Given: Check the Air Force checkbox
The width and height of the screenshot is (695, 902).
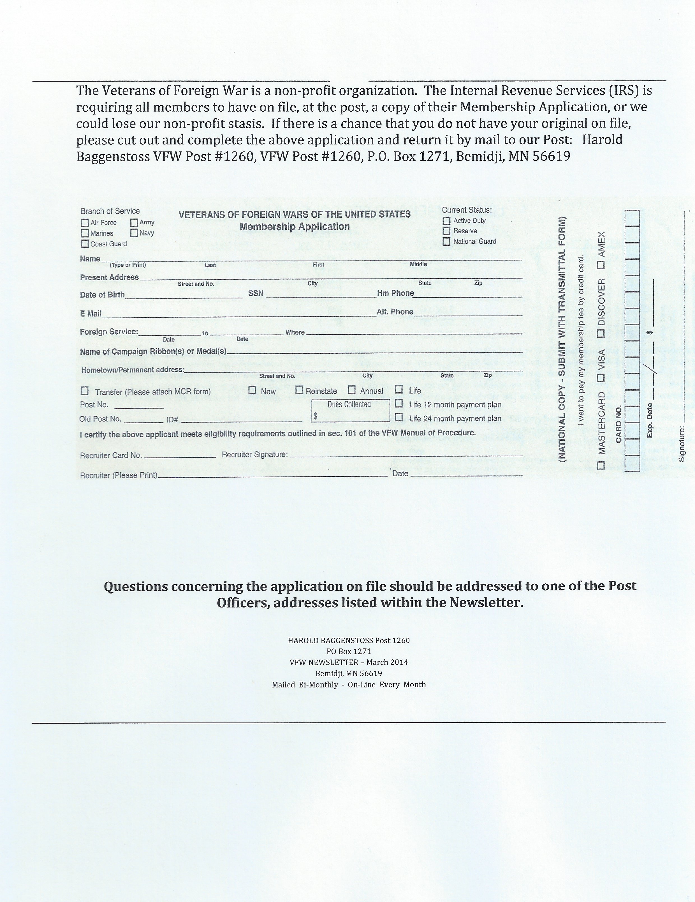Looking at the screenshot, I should coord(85,223).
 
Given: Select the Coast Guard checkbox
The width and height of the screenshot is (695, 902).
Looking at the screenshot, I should coord(85,244).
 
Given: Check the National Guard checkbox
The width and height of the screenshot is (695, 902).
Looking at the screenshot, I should coord(446,241).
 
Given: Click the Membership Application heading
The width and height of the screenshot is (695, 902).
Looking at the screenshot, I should coord(295,226).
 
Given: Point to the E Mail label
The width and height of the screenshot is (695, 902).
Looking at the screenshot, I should coord(91,314).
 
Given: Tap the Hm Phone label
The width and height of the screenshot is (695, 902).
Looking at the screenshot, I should coord(395,293).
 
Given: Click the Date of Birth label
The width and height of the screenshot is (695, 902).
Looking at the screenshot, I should coord(102,295).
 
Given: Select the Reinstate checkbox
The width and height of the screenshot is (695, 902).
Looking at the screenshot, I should coord(299,390).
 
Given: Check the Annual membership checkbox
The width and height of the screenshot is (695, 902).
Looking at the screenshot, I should coord(352,390).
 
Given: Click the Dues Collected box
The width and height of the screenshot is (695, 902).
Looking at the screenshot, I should coord(350,411).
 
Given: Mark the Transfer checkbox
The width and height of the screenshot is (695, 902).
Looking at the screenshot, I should coord(85,391).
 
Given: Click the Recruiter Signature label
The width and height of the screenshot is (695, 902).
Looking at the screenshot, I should coord(255,454).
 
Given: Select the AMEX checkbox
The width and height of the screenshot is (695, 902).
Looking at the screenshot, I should coord(601,264).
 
